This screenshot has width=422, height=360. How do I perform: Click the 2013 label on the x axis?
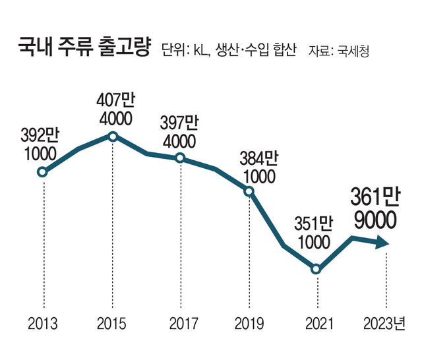[x=43, y=324]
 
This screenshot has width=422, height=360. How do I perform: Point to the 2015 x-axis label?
[x=111, y=324]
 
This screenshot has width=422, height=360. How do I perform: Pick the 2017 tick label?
[x=181, y=324]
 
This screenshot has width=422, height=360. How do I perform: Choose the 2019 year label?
[x=249, y=324]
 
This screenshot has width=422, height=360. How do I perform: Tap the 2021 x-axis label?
[x=317, y=324]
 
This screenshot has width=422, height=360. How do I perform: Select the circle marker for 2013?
[x=43, y=173]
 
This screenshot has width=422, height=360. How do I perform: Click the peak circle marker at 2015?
[x=112, y=136]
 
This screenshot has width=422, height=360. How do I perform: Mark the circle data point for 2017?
[x=181, y=158]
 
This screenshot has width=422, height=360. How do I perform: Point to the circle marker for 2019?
[x=249, y=192]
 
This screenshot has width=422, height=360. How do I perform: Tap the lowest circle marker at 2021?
[x=317, y=269]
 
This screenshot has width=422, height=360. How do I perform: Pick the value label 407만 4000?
[x=114, y=110]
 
